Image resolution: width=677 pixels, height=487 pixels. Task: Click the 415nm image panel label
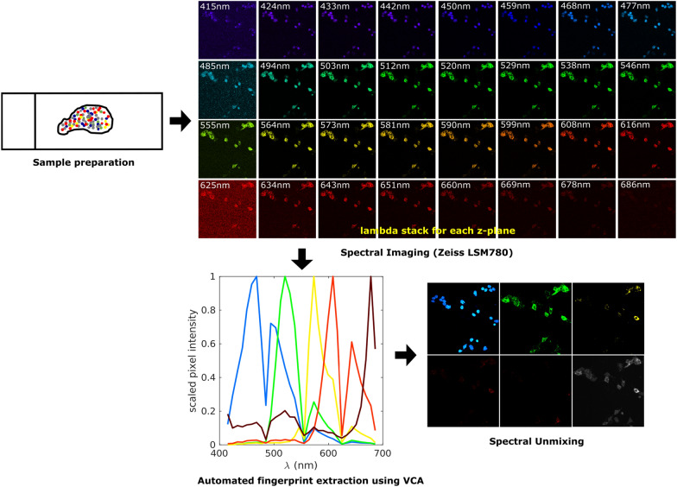coord(215,7)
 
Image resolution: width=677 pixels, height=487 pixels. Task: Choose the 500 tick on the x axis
coord(273,452)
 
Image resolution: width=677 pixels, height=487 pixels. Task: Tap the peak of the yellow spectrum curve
coord(314,276)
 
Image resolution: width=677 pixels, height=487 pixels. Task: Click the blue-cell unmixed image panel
coord(465,318)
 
